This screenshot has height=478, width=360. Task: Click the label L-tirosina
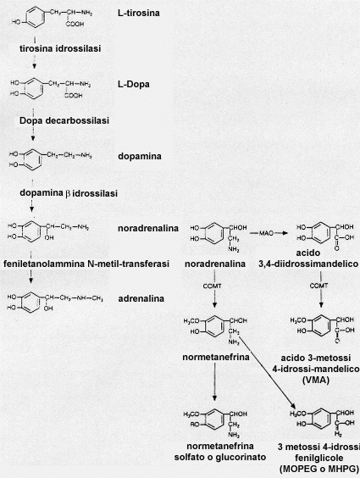[139, 13]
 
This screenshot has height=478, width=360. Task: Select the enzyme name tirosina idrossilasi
[60, 48]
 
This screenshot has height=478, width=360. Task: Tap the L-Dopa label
[134, 84]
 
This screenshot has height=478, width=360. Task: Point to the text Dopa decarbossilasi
[64, 120]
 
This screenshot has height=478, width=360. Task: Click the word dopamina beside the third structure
[140, 157]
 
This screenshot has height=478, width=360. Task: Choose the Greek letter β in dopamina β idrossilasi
[69, 193]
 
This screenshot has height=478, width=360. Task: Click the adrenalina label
[141, 298]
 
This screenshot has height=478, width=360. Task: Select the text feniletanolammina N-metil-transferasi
[86, 264]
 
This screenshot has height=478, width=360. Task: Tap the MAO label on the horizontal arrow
[267, 234]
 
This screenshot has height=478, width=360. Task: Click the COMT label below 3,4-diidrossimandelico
[318, 286]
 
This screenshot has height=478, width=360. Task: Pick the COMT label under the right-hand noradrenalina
[213, 286]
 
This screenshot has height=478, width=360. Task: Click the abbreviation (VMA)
[316, 381]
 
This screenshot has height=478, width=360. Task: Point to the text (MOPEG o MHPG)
[318, 469]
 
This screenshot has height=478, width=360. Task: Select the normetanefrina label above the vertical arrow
[216, 357]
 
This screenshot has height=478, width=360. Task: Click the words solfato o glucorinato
[220, 458]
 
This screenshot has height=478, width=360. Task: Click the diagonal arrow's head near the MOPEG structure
[293, 406]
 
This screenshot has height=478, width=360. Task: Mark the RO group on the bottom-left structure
[195, 425]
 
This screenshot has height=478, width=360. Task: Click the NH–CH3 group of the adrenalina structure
[90, 298]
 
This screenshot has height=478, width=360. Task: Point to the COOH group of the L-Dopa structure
[74, 96]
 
